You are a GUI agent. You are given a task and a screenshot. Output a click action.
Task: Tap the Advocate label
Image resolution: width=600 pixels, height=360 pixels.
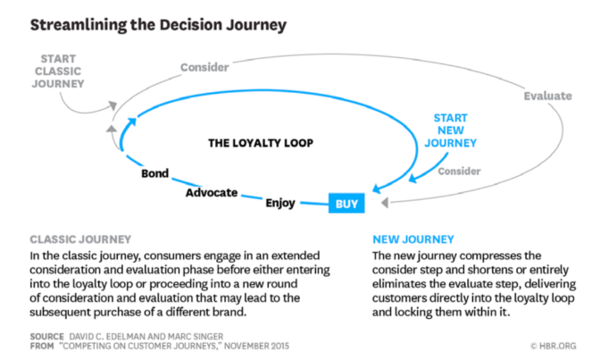point(212,192)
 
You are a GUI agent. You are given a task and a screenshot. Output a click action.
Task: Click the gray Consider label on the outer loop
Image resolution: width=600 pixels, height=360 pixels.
point(204,67)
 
